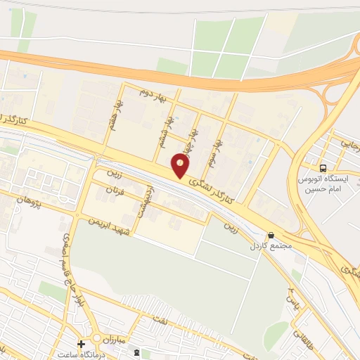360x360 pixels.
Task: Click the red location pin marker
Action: pos(181,166)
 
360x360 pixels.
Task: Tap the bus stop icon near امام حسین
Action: pos(323,168)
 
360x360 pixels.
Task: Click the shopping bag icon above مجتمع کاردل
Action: pos(271,236)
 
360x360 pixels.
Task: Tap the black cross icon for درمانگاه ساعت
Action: pos(82,345)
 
